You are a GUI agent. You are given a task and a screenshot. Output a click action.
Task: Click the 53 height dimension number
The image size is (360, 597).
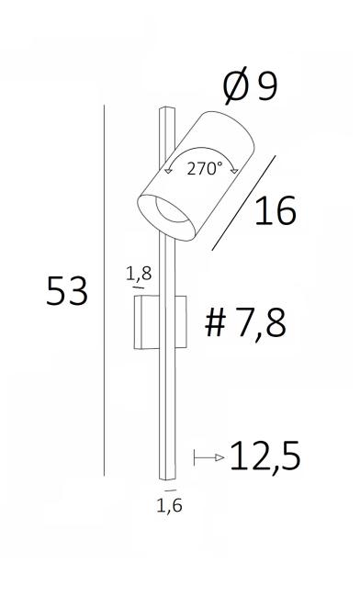point(67,291)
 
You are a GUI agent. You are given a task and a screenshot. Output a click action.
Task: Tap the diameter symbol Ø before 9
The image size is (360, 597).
point(235,86)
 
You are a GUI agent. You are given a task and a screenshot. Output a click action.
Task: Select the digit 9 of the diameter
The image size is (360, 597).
point(268,86)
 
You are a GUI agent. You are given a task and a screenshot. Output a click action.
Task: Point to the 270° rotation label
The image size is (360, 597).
point(205,168)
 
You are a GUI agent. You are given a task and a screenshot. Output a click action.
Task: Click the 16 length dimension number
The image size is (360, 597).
point(276,210)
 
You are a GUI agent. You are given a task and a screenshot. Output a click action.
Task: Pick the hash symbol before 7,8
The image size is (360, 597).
point(216,323)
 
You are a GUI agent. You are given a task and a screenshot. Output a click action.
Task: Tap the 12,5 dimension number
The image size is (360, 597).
point(265,456)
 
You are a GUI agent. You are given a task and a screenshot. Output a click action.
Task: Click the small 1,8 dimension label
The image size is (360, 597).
point(139,274)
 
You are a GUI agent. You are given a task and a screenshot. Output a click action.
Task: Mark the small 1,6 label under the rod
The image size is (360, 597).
point(169,505)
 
